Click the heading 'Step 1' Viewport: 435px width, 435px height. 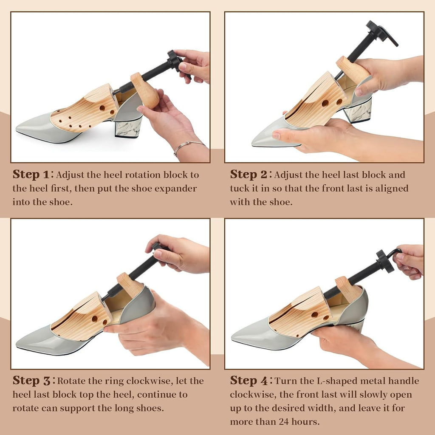pyautogui.click(x=31, y=175)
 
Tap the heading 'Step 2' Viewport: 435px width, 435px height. pyautogui.click(x=248, y=175)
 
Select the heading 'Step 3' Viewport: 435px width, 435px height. pyautogui.click(x=31, y=381)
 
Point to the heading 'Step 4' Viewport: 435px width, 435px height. pyautogui.click(x=249, y=381)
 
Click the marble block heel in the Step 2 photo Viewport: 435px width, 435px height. pyautogui.click(x=357, y=110)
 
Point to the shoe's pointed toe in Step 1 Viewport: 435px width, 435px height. pyautogui.click(x=17, y=129)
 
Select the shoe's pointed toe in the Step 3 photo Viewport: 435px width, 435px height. pyautogui.click(x=17, y=345)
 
